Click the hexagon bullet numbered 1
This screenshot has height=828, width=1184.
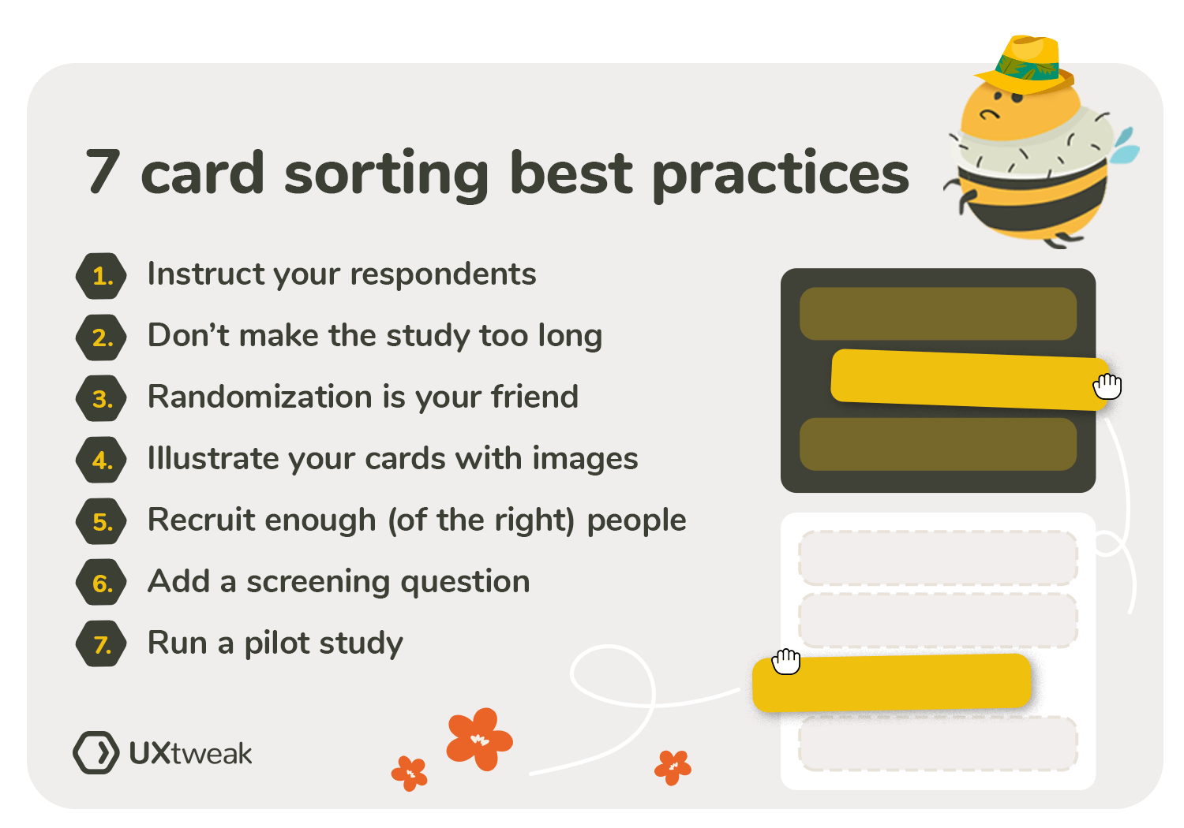pyautogui.click(x=101, y=276)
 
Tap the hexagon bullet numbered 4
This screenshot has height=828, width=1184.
pyautogui.click(x=101, y=460)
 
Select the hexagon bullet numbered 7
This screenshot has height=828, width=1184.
pyautogui.click(x=101, y=644)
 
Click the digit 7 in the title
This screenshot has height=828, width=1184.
pyautogui.click(x=103, y=172)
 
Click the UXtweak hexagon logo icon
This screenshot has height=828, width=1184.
pyautogui.click(x=96, y=752)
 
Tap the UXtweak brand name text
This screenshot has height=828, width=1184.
pyautogui.click(x=190, y=754)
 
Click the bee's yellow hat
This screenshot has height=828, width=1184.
pyautogui.click(x=1026, y=63)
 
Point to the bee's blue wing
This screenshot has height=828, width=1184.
pyautogui.click(x=1126, y=146)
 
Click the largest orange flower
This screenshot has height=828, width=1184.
pyautogui.click(x=478, y=738)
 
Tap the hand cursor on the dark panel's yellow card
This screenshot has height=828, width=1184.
pyautogui.click(x=1107, y=386)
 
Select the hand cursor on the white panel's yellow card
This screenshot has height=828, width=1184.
pyautogui.click(x=786, y=661)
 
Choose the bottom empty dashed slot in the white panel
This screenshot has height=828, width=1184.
pyautogui.click(x=938, y=744)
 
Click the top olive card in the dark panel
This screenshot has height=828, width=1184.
pyautogui.click(x=938, y=314)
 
